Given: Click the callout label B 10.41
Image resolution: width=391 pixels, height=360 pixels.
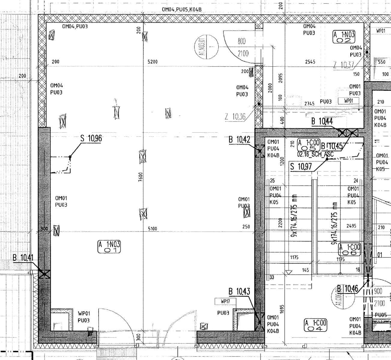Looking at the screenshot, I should [23, 258].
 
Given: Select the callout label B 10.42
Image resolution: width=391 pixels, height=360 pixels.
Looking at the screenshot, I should [239, 139].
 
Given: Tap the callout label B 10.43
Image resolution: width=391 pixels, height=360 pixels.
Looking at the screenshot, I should [239, 291].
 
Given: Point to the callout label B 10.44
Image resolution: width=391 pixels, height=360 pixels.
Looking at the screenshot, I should [322, 121].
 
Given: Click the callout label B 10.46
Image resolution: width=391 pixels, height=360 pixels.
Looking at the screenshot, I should [347, 289].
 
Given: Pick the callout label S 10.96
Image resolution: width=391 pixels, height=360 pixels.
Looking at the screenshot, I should [91, 138].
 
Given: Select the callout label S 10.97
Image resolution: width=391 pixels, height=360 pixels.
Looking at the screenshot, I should [301, 166].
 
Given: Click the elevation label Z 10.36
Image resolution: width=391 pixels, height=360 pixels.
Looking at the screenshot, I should [235, 117].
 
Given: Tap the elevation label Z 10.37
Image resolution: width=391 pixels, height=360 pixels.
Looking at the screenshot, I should [344, 65].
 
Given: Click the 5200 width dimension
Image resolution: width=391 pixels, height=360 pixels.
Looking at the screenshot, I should [152, 62].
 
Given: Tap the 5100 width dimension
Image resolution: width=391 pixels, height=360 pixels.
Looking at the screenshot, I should [152, 229].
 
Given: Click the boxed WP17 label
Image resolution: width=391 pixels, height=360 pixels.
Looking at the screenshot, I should [225, 301].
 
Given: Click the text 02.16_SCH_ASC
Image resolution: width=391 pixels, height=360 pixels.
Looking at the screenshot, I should [315, 154].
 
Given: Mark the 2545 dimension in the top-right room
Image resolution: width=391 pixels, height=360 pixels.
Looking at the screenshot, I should [310, 62].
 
